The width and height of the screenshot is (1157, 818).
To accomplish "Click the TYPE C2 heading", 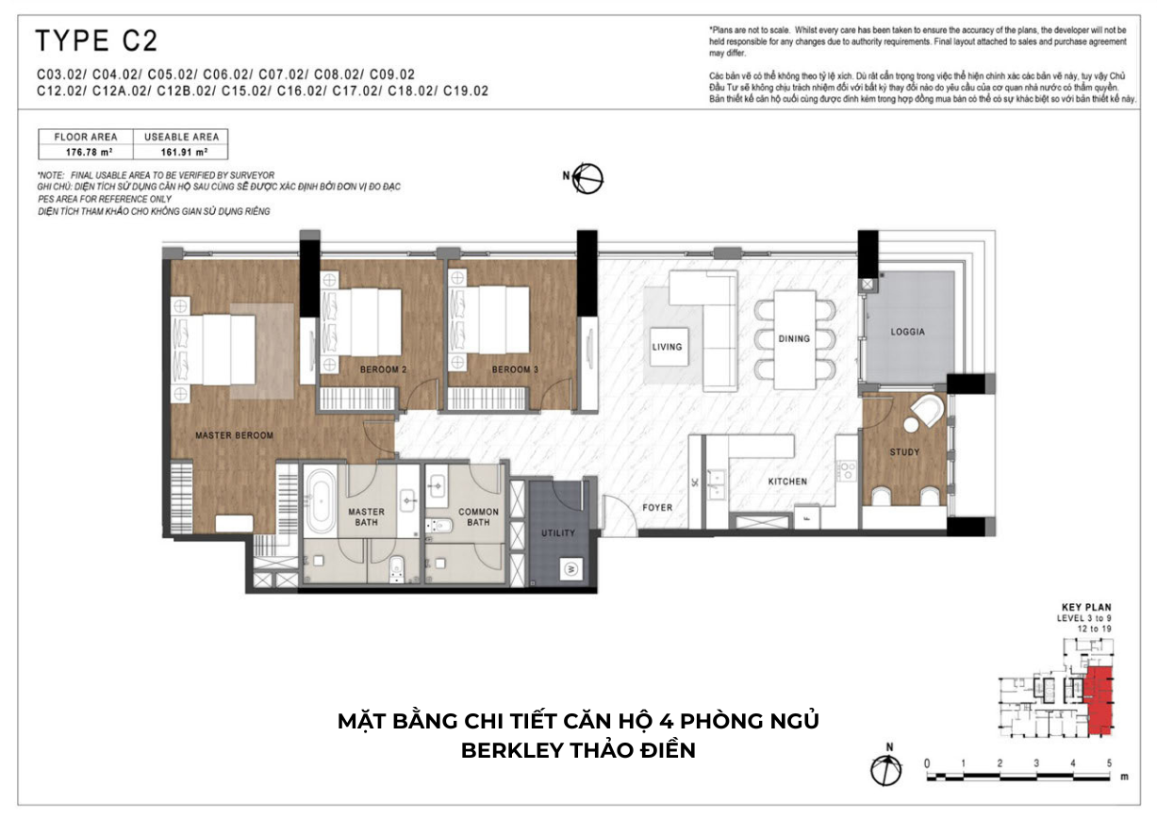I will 95,41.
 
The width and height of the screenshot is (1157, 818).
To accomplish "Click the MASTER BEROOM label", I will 234,435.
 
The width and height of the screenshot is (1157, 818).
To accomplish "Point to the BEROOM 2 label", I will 383,369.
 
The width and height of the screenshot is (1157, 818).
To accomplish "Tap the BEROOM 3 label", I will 515,369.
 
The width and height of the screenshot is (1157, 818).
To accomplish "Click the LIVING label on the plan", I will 667,347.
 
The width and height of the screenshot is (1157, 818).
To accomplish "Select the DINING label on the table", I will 794,338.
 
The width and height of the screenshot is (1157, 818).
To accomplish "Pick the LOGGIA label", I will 907,332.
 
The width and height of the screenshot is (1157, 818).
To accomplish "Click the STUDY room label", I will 904,452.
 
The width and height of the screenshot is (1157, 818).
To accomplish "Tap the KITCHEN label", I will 787,482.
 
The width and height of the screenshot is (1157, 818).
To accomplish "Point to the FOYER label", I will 657,507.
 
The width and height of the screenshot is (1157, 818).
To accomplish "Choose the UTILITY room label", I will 558,533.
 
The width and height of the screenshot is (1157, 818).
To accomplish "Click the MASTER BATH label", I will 366,517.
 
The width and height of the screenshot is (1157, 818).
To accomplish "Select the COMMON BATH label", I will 479,517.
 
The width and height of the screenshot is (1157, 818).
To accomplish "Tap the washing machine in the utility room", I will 571,568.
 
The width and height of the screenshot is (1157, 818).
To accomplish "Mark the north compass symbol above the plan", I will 588,178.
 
